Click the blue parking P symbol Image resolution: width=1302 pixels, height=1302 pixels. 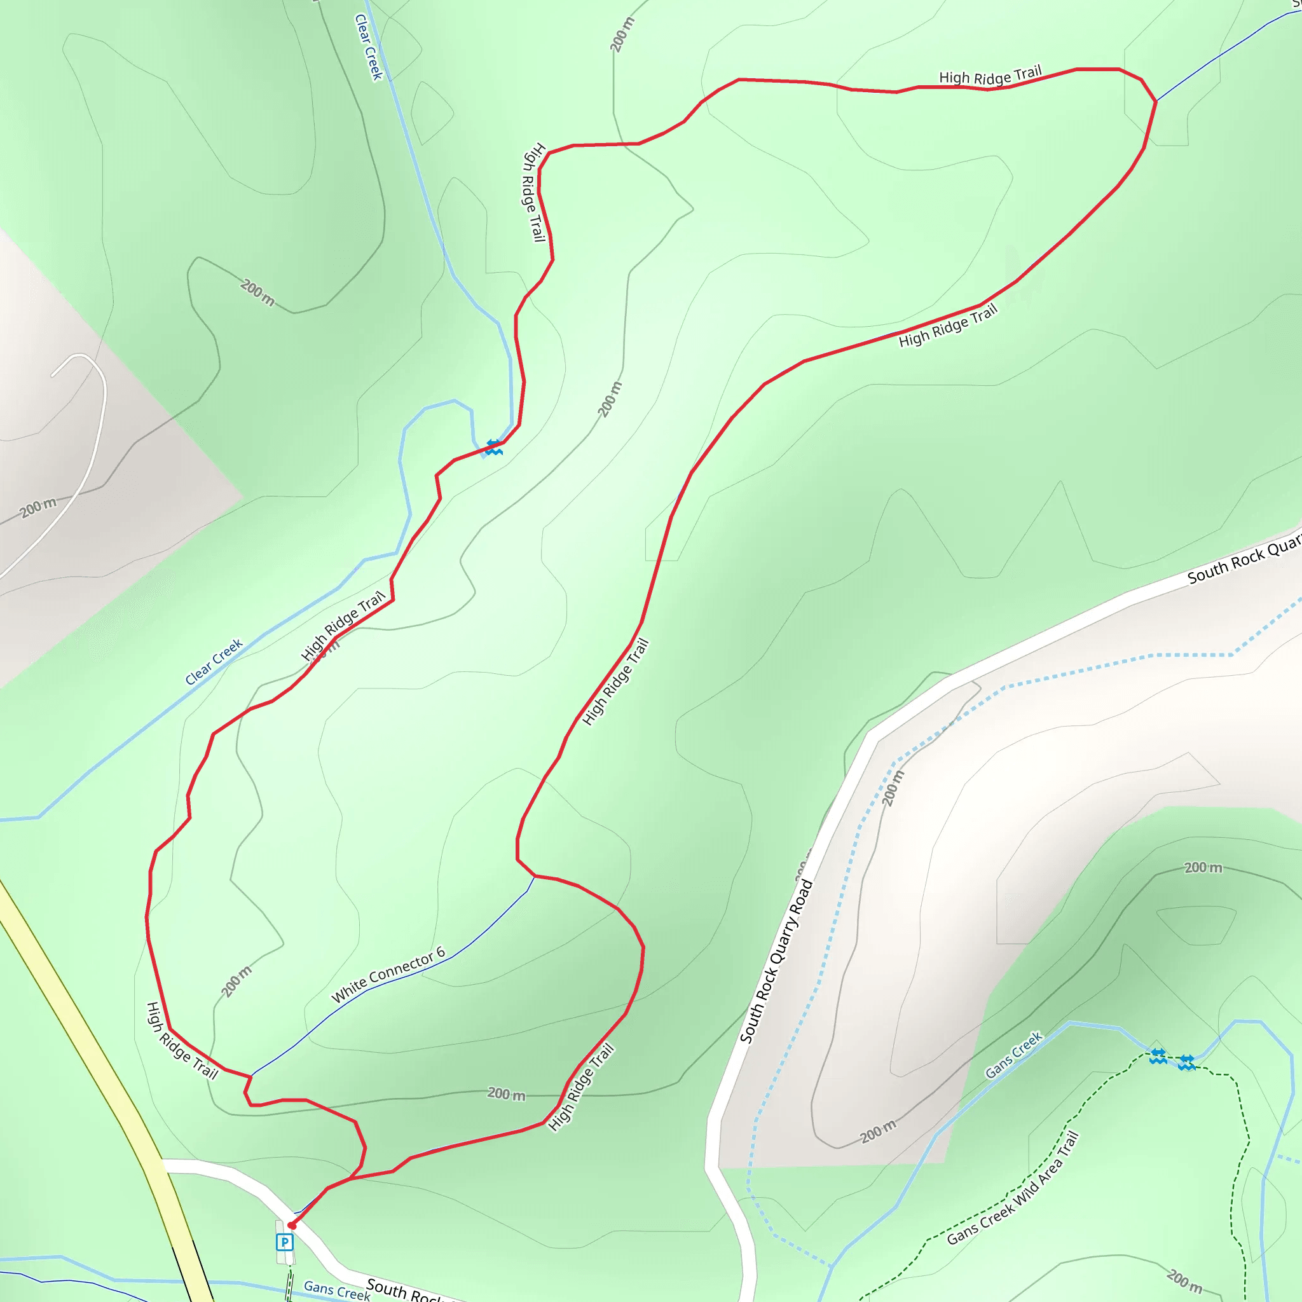click(x=285, y=1242)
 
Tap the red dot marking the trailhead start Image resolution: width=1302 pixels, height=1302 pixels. click(x=292, y=1225)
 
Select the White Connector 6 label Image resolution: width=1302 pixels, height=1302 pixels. click(x=388, y=975)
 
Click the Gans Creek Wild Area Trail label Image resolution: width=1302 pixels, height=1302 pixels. click(x=1013, y=1188)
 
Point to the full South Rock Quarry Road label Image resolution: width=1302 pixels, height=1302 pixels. click(x=776, y=962)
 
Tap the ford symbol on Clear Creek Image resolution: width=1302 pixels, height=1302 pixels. click(x=494, y=447)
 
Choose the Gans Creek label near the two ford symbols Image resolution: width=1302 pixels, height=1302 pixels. click(x=1013, y=1055)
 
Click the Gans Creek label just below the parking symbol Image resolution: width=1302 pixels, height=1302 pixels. click(x=336, y=1291)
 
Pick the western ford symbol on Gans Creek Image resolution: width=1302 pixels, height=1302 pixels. click(x=1158, y=1056)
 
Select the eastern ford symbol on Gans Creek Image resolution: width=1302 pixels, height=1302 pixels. click(x=1187, y=1063)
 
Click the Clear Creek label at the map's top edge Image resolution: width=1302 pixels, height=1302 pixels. click(x=369, y=47)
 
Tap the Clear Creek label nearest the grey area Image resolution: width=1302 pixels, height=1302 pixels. click(x=214, y=662)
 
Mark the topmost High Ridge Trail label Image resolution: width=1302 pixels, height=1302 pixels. click(x=990, y=76)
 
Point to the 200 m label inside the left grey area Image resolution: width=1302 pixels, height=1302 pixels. click(x=38, y=507)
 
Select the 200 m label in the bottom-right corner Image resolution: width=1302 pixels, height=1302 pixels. click(x=1184, y=1281)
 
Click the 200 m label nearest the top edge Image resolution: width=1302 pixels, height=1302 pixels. click(x=622, y=35)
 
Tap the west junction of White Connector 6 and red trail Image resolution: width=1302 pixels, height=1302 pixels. click(x=250, y=1076)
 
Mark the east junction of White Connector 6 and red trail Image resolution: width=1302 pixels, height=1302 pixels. click(x=535, y=876)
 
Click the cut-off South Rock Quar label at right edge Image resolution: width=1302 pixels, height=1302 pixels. click(x=1244, y=560)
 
